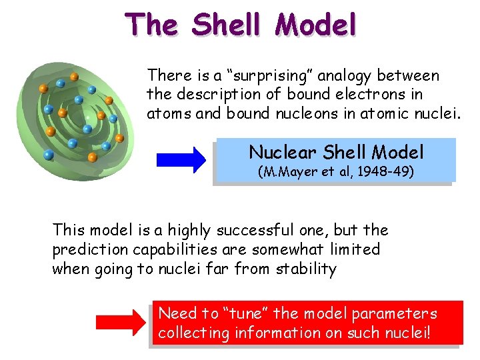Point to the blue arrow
coord(181,160)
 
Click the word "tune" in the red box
coord(246,313)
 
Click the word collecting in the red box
coord(194,332)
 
